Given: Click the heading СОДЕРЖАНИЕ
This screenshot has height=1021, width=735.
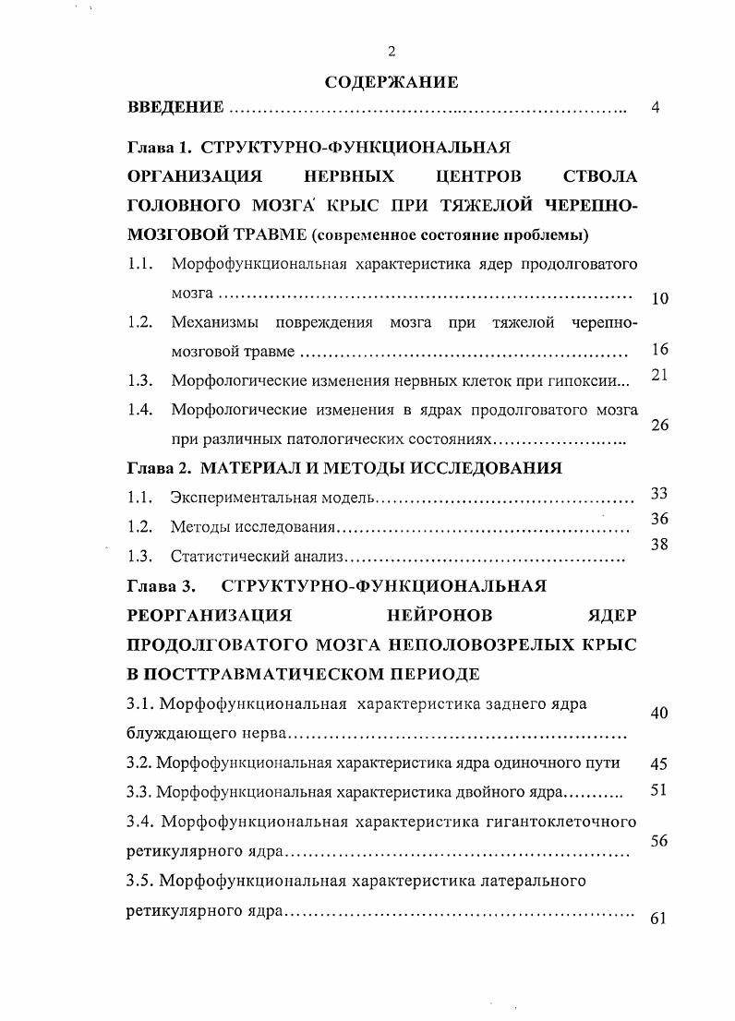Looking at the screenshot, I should [392, 82].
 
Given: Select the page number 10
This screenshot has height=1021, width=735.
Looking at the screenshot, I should [659, 298].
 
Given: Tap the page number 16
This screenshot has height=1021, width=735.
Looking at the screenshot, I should [659, 349].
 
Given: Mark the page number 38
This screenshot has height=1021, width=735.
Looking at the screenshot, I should [659, 545].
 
